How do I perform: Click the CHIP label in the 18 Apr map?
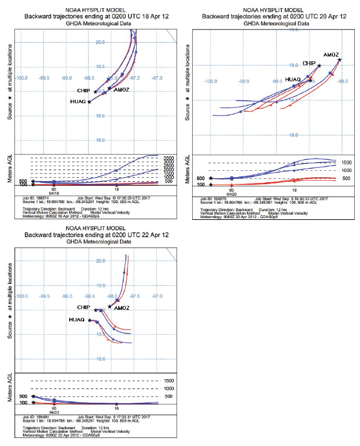click(x=84, y=91)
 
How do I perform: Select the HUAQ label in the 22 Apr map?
click(x=77, y=320)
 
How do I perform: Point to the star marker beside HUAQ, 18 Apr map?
click(x=89, y=102)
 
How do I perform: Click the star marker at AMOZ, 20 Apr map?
click(x=340, y=59)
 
